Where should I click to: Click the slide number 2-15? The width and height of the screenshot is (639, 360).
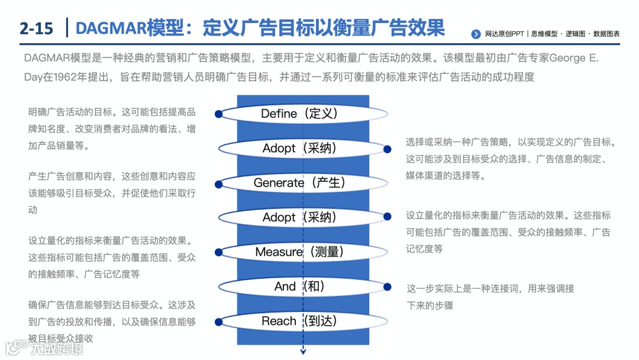[x=36, y=28]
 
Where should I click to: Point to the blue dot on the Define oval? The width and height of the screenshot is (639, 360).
[x=219, y=114]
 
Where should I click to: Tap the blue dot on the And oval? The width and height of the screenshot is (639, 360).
[x=388, y=287]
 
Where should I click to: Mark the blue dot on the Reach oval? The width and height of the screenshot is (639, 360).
[x=219, y=322]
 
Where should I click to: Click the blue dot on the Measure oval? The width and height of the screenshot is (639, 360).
[x=219, y=252]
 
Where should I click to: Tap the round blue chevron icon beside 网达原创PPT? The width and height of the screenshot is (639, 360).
[x=476, y=34]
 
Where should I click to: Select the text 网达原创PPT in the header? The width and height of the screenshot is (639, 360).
[x=504, y=34]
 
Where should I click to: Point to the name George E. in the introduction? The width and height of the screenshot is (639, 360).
[x=574, y=58]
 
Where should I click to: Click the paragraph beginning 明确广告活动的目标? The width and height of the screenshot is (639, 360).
[x=112, y=128]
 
